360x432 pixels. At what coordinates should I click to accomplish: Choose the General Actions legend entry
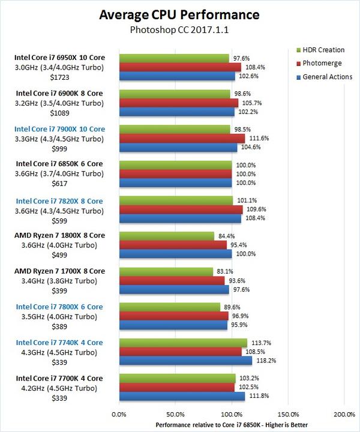(327, 77)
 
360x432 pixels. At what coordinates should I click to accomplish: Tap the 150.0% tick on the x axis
(289, 415)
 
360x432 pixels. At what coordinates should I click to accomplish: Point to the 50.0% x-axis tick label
(175, 415)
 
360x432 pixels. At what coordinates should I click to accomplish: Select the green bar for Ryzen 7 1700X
(166, 272)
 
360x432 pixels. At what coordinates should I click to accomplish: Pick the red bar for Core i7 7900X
(182, 138)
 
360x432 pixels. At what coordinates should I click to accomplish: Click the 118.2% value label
(265, 361)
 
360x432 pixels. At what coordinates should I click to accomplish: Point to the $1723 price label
(59, 78)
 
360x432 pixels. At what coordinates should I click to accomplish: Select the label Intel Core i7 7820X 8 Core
(59, 200)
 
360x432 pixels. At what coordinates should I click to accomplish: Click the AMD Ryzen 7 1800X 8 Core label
(59, 236)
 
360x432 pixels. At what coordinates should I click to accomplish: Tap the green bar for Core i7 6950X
(175, 58)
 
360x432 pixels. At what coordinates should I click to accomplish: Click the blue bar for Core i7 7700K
(182, 396)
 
